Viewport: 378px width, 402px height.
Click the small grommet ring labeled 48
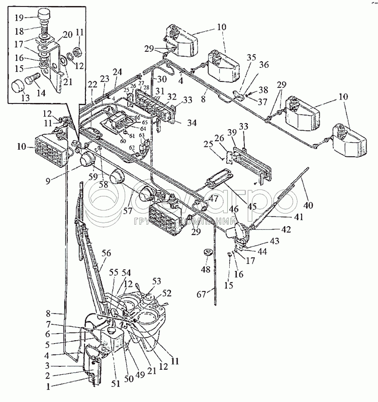[207, 251]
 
